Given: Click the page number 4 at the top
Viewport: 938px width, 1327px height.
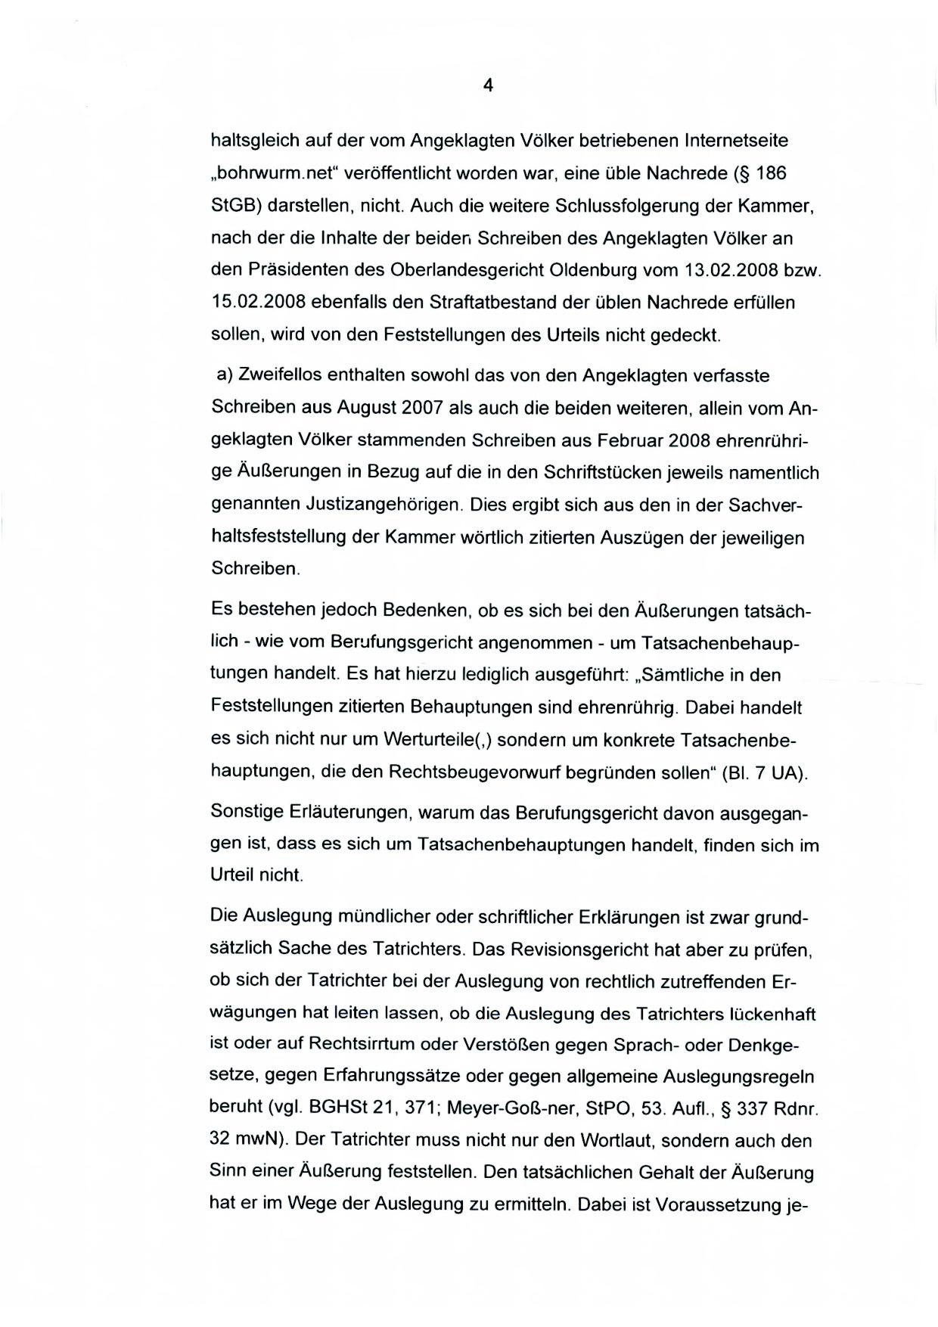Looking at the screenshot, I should [x=488, y=85].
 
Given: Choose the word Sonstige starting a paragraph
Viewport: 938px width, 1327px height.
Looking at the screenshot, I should [x=247, y=813].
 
